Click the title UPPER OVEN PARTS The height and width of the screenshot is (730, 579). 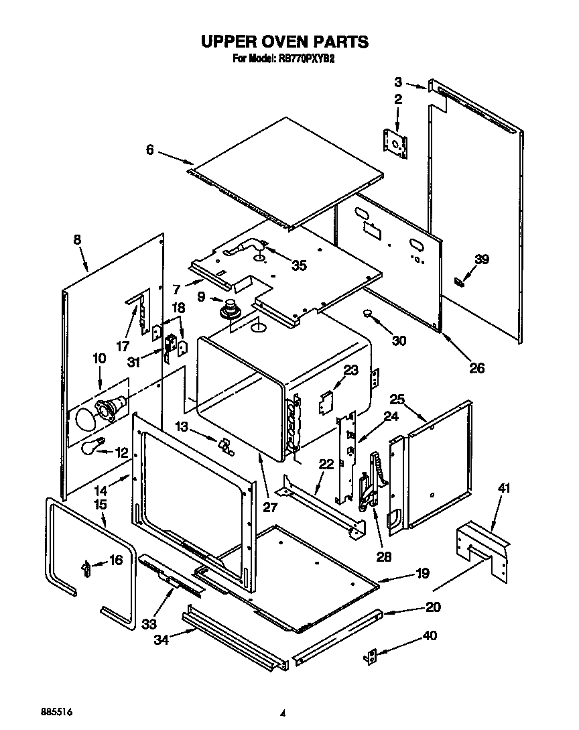pos(285,42)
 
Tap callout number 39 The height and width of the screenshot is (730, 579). pos(482,259)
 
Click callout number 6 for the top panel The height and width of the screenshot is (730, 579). pos(150,150)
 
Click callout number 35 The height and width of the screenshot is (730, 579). pos(299,265)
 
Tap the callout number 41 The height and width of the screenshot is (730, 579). pos(503,488)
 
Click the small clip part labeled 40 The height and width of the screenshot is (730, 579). pos(371,658)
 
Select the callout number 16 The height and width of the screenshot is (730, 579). pos(115,560)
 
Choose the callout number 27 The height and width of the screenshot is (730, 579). pos(269,507)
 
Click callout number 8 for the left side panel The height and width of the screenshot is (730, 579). pos(77,240)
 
